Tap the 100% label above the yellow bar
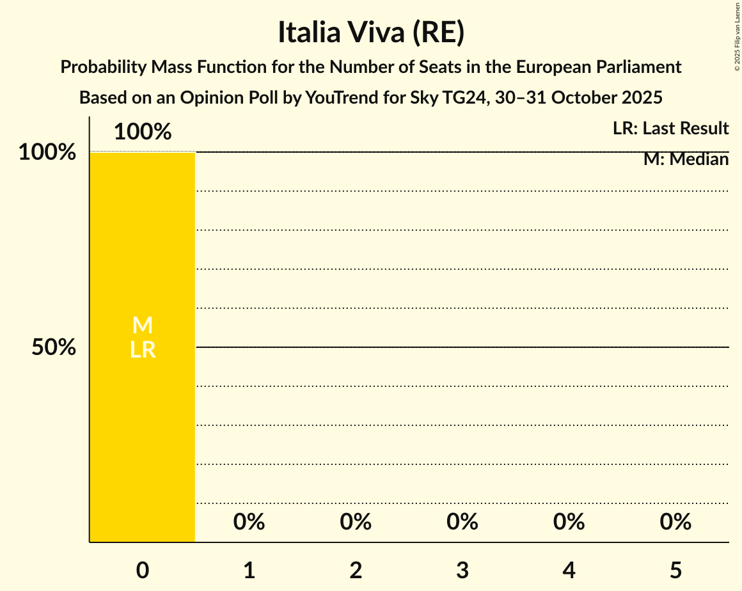point(143,132)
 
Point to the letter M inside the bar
point(143,326)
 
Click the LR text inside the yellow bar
point(143,349)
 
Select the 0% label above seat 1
point(249,522)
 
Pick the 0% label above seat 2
point(356,522)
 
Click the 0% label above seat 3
point(462,522)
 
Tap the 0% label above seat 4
point(569,522)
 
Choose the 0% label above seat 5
point(675,522)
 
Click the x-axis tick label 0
point(143,570)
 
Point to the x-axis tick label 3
point(462,570)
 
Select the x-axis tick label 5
point(675,570)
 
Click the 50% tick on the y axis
point(54,347)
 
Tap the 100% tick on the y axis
point(47,152)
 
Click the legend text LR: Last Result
point(670,129)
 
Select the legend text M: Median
point(686,159)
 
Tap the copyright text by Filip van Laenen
point(737,36)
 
